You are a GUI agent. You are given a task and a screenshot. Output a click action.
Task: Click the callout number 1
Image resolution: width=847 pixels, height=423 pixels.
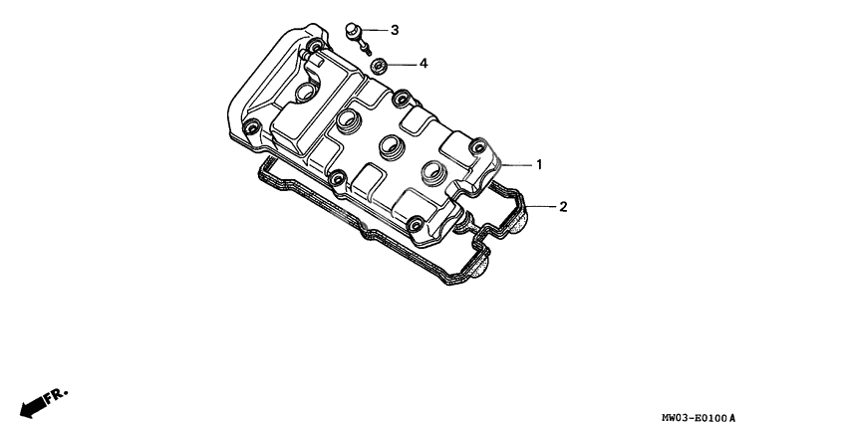coord(539,163)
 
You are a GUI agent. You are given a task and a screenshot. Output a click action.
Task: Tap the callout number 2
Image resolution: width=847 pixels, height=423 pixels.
coord(563,207)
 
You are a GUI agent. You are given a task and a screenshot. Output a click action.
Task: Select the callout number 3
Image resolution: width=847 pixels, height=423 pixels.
coord(394,31)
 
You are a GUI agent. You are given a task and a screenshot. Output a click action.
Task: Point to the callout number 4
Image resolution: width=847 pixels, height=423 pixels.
coord(423,64)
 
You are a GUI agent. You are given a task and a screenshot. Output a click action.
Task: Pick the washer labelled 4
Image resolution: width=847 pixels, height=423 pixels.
coord(380,66)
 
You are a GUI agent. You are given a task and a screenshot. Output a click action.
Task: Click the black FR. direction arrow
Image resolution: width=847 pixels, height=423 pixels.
coord(32,403)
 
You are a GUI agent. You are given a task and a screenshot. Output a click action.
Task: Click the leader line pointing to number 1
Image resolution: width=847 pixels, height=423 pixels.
coord(516,163)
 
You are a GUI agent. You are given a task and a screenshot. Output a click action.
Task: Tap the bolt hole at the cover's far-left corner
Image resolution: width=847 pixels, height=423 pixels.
coord(253,127)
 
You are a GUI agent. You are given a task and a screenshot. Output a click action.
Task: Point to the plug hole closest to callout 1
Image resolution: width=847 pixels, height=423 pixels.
coord(432,171)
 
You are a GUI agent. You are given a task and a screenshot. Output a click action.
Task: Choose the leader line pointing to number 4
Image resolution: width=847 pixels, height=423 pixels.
coord(401,65)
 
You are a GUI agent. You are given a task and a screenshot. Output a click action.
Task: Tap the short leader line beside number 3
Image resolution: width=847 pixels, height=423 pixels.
coord(375,31)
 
